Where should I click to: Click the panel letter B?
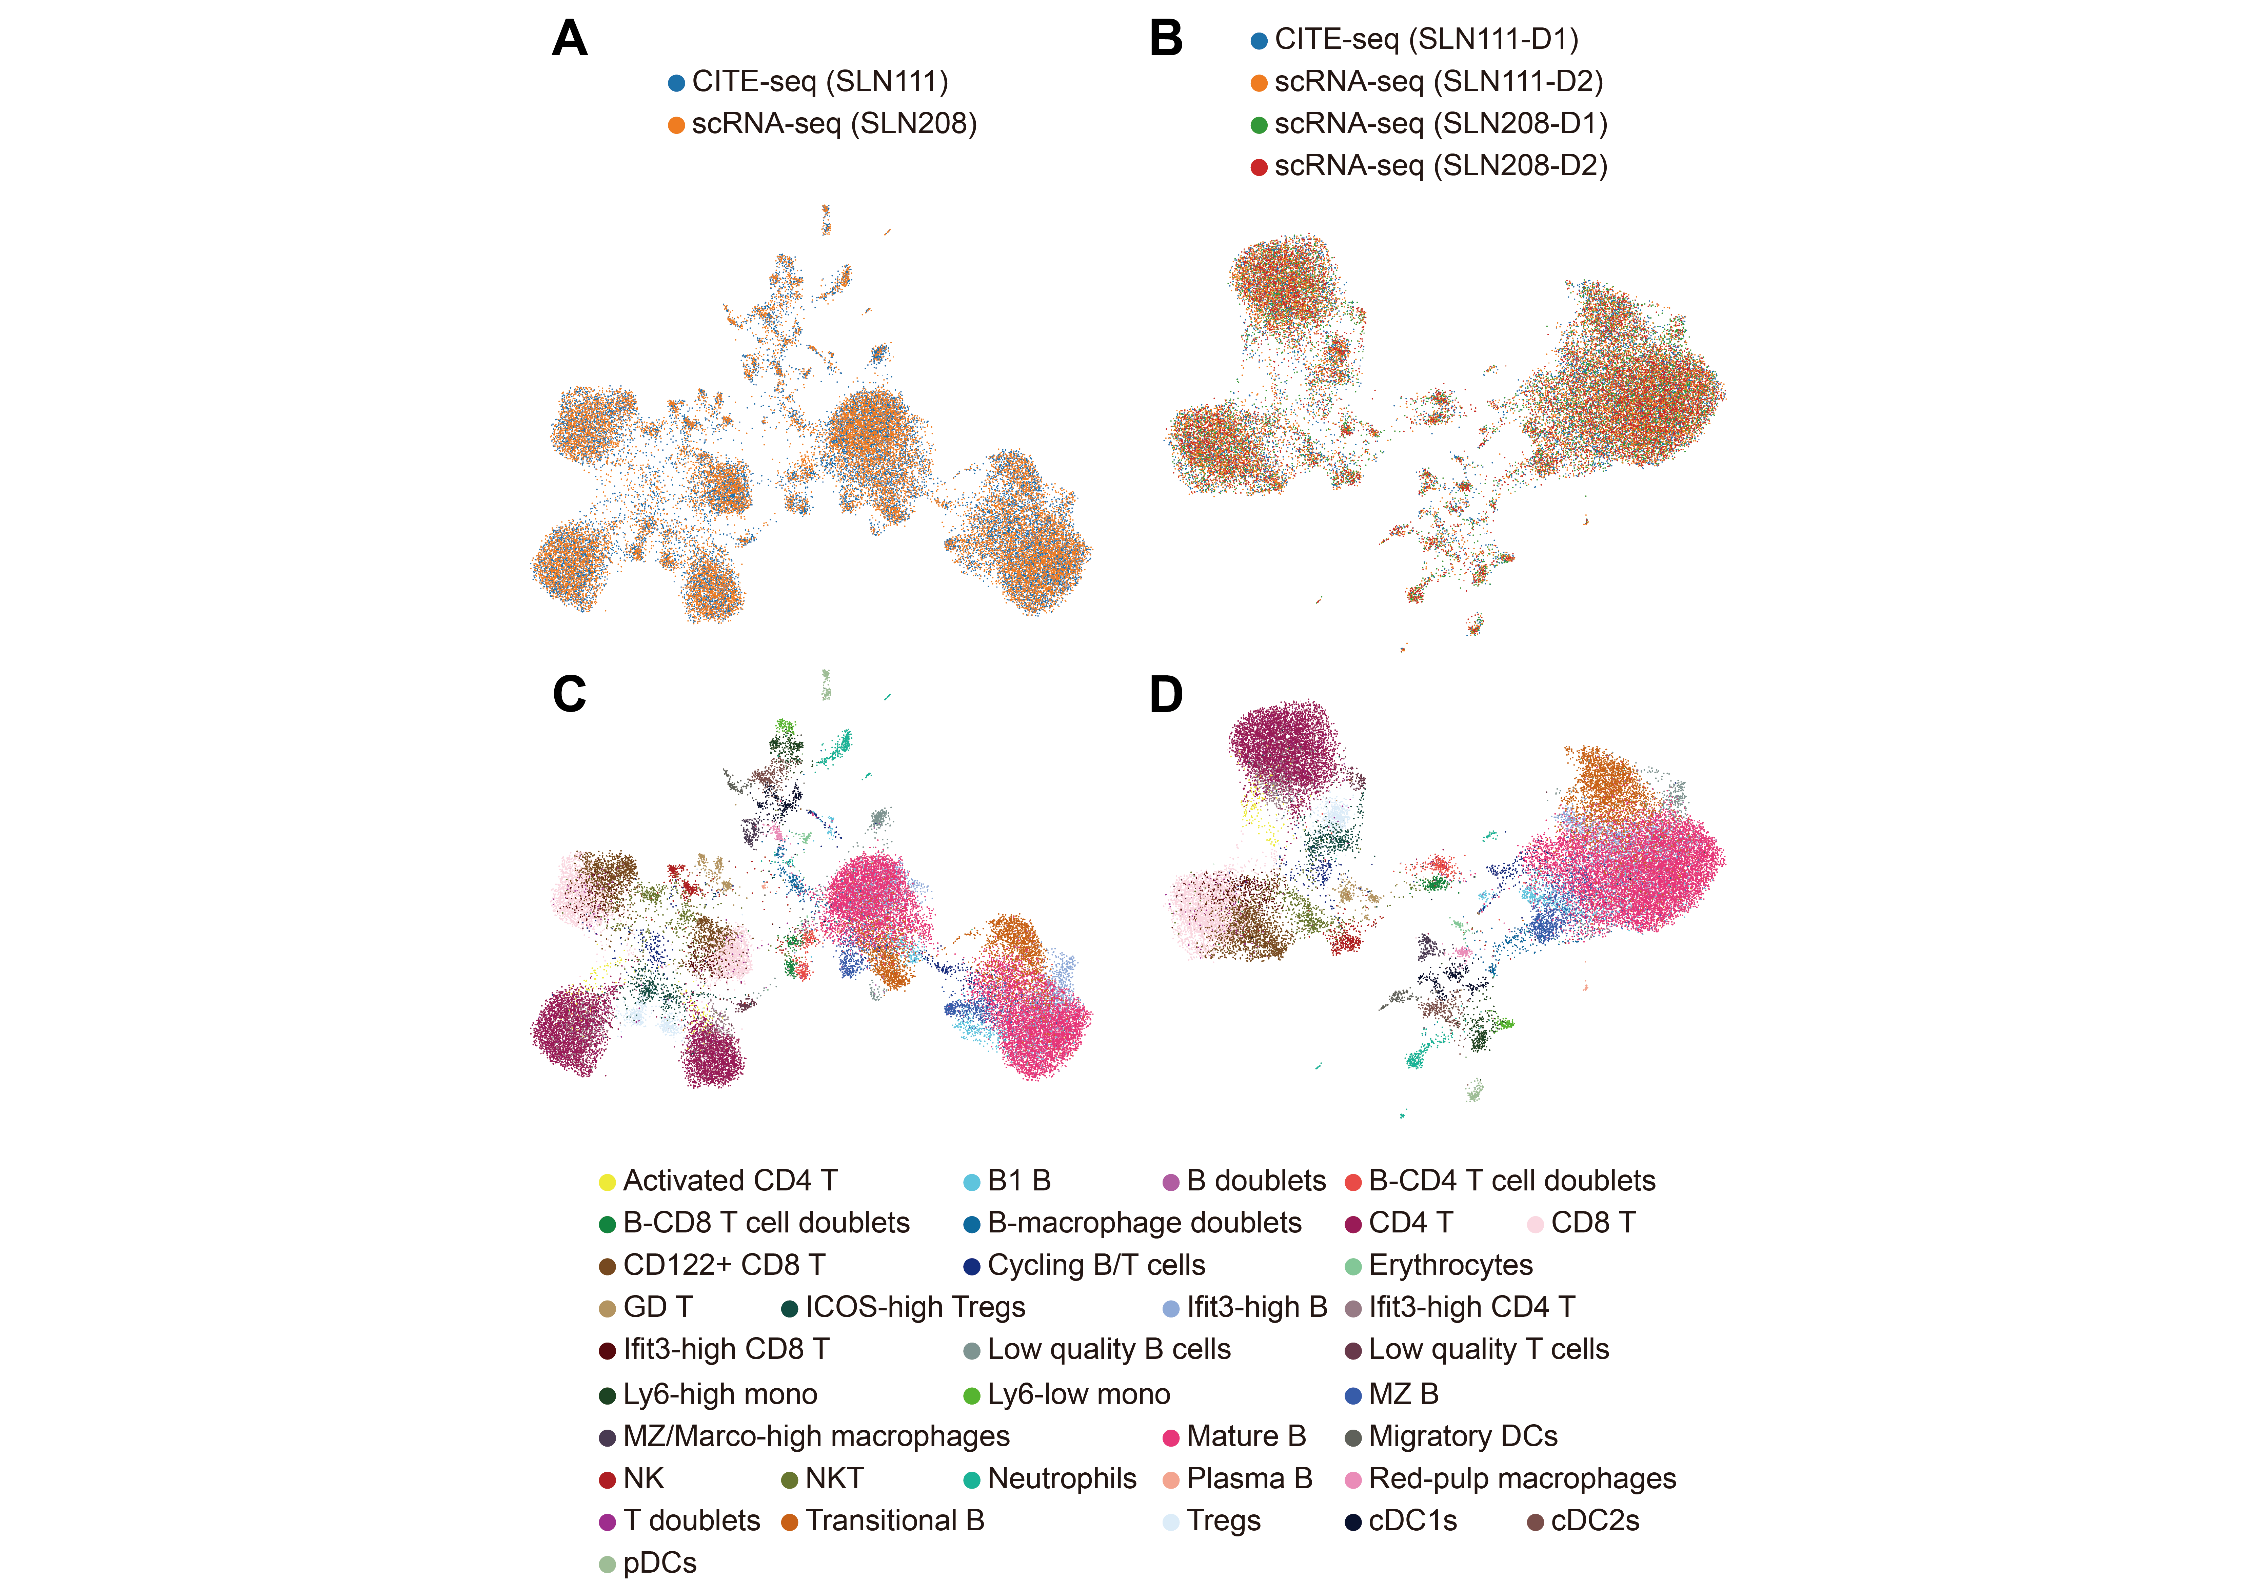(1166, 39)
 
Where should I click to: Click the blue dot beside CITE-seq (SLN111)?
(676, 83)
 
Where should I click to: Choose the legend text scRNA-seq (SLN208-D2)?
(1441, 166)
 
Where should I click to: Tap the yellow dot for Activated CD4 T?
(608, 1181)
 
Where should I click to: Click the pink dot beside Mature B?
(1171, 1438)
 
